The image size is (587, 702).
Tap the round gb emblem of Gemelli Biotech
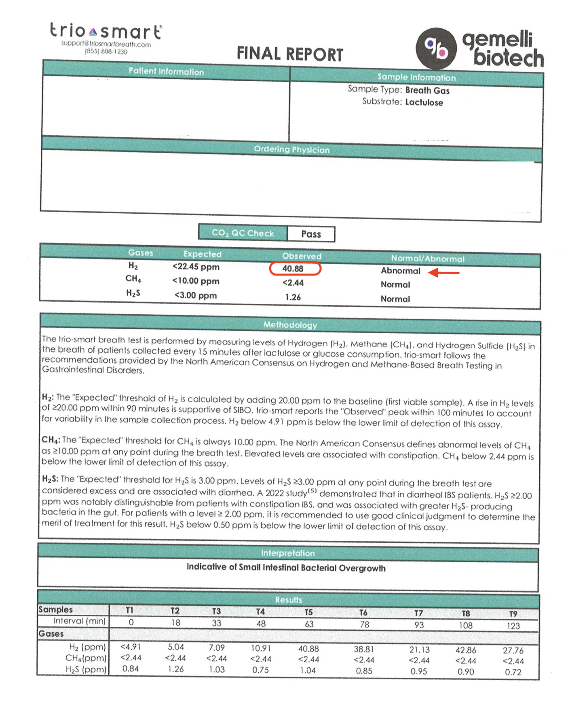click(436, 48)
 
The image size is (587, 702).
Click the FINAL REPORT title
click(289, 54)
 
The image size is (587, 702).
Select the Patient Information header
click(166, 71)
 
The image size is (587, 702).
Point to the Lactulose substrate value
click(424, 103)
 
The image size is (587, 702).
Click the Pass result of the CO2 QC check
click(311, 234)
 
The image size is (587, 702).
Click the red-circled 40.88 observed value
click(295, 269)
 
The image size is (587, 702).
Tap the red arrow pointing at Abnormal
click(443, 273)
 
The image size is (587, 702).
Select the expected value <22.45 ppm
click(196, 267)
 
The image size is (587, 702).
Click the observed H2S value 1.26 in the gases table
click(293, 297)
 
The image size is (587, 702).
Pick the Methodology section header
click(290, 325)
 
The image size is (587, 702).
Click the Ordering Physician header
click(291, 150)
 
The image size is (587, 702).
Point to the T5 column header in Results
click(308, 612)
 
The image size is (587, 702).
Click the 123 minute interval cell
click(513, 626)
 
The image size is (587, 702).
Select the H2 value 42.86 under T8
click(466, 650)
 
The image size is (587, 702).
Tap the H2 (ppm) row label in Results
click(87, 647)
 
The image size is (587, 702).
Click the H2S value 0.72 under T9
click(513, 672)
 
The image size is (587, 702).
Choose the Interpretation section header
click(287, 553)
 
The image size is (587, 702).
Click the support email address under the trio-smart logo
click(106, 44)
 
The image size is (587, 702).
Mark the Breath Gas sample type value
click(427, 91)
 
